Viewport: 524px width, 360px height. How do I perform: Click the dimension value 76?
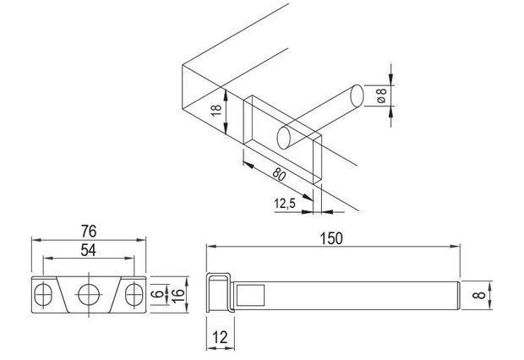tap(89, 232)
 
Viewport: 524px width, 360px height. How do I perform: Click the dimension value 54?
tap(89, 250)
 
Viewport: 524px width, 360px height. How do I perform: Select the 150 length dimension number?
tap(331, 238)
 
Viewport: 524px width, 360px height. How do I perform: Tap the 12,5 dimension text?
tap(285, 203)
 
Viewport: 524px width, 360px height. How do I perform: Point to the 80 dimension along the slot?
tap(278, 174)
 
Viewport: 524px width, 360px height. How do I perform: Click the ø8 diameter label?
tap(381, 95)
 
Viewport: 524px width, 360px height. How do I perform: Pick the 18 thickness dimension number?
tap(216, 111)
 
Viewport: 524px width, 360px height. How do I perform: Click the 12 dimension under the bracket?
tap(220, 337)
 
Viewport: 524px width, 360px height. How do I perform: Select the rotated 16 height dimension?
tap(178, 295)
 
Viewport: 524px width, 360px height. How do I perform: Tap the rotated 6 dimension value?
tap(158, 294)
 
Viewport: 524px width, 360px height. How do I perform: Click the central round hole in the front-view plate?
tap(89, 294)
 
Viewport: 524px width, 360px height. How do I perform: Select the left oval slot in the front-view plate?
tap(43, 294)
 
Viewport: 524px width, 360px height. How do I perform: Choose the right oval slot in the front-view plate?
tap(134, 294)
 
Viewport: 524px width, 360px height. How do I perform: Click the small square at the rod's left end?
tap(251, 295)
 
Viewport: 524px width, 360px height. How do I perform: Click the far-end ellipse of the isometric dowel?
tap(357, 96)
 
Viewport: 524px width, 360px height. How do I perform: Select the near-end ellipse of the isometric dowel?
tap(284, 138)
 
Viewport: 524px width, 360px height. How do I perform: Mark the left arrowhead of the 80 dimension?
tap(248, 164)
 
